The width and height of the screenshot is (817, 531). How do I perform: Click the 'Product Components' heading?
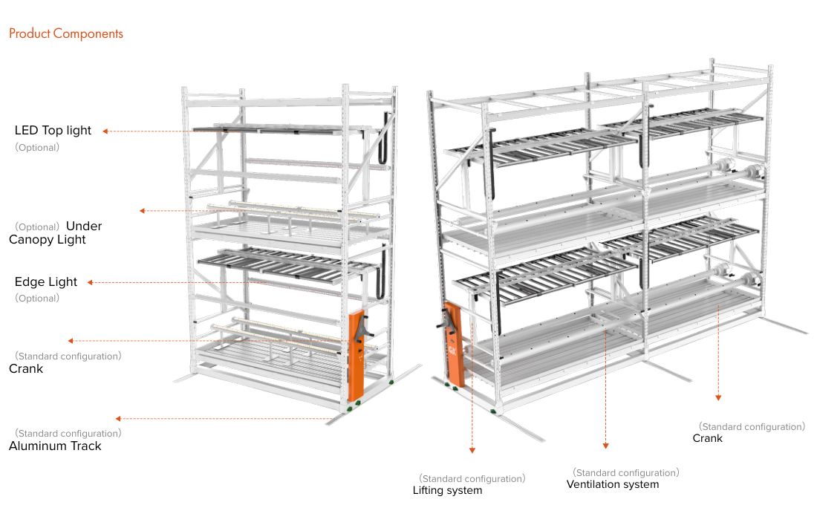pyautogui.click(x=66, y=34)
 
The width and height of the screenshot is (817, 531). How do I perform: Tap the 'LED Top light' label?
pyautogui.click(x=53, y=130)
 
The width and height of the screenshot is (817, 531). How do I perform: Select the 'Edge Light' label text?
pyautogui.click(x=46, y=282)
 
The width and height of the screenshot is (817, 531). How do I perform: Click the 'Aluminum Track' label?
pyautogui.click(x=55, y=446)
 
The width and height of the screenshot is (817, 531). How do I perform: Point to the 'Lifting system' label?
pyautogui.click(x=448, y=490)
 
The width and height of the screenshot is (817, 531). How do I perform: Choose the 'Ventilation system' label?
pyautogui.click(x=613, y=485)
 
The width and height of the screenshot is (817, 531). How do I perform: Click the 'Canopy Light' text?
pyautogui.click(x=48, y=240)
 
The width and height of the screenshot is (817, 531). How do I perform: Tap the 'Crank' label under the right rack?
pyautogui.click(x=708, y=438)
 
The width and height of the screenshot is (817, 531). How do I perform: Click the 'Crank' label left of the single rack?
pyautogui.click(x=26, y=369)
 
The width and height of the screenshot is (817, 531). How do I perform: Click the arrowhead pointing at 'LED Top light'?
pyautogui.click(x=105, y=131)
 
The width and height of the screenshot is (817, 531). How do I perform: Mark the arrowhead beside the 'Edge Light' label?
pyautogui.click(x=90, y=282)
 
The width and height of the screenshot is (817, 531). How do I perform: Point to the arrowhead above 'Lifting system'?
pyautogui.click(x=472, y=450)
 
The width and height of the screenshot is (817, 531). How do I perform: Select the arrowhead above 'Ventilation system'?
pyautogui.click(x=605, y=446)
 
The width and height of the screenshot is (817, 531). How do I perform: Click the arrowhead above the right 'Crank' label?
pyautogui.click(x=718, y=397)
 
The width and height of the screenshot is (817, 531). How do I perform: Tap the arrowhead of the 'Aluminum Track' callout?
pyautogui.click(x=118, y=418)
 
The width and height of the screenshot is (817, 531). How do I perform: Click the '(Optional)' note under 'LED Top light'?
pyautogui.click(x=37, y=148)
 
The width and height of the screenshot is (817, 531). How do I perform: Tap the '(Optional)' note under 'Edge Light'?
pyautogui.click(x=37, y=298)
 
